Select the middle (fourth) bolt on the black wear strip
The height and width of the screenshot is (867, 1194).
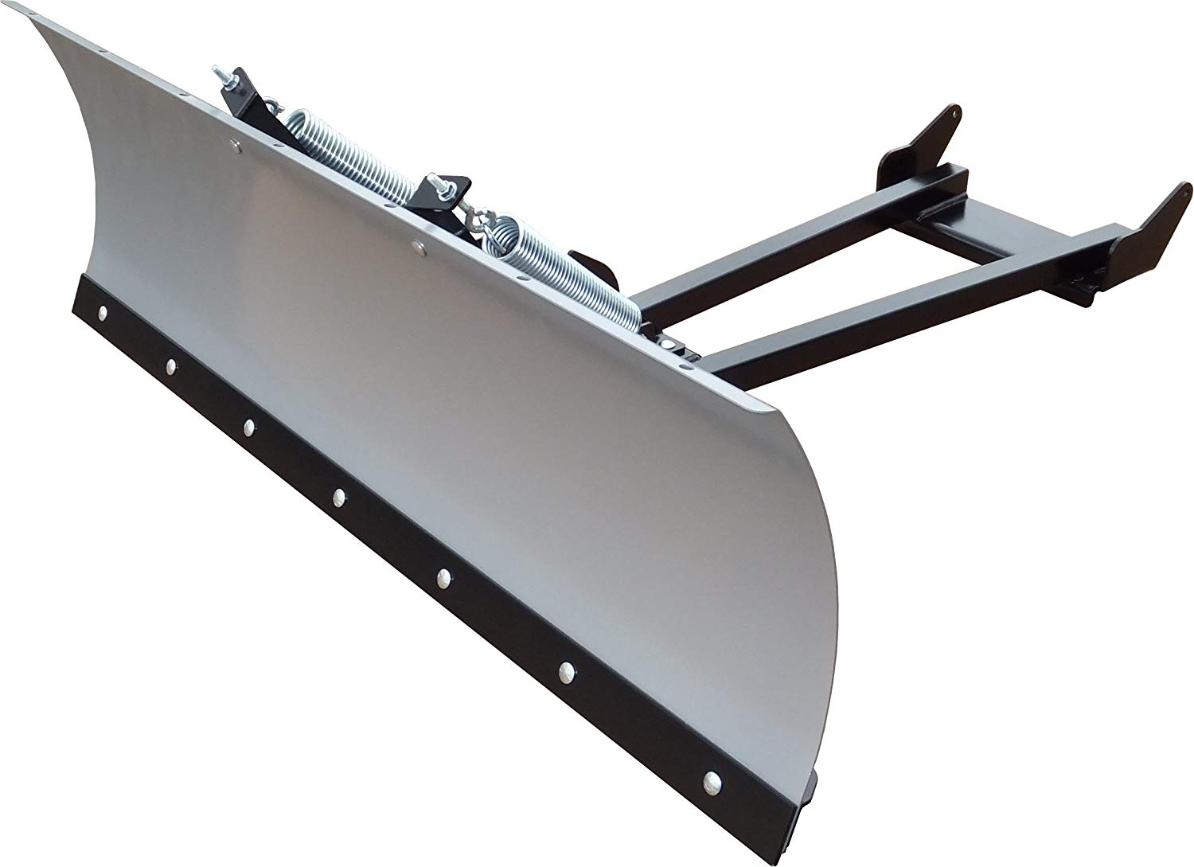click(340, 496)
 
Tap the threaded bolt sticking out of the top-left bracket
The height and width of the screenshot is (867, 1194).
click(224, 79)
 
